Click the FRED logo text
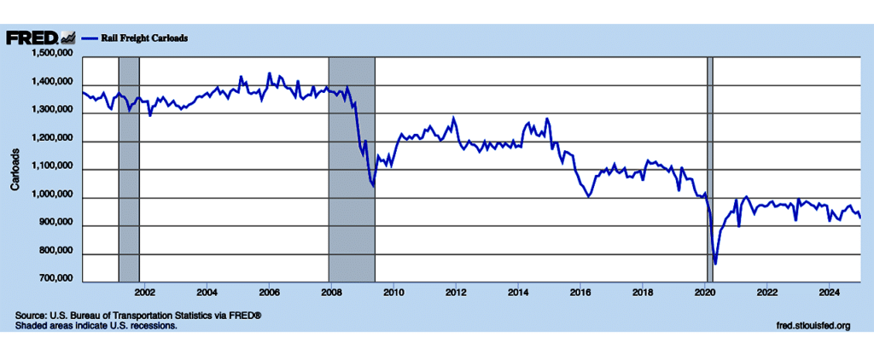pyautogui.click(x=32, y=38)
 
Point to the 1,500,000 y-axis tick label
pyautogui.click(x=51, y=55)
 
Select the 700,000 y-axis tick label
pyautogui.click(x=55, y=278)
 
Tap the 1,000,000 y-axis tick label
pyautogui.click(x=51, y=197)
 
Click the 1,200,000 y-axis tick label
pyautogui.click(x=51, y=140)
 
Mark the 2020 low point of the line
pyautogui.click(x=714, y=264)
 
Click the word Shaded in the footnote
pyautogui.click(x=32, y=325)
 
